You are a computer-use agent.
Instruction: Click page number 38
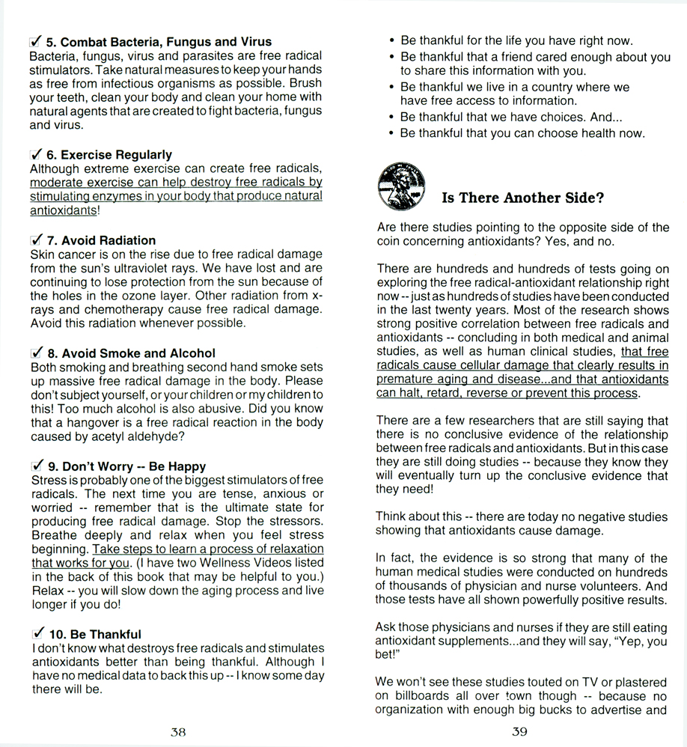pos(177,732)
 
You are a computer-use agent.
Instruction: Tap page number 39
pos(519,732)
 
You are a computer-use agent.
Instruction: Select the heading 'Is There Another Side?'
pos(522,198)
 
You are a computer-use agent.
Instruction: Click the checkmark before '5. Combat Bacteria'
pos(34,41)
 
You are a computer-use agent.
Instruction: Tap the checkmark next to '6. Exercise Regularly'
pos(34,154)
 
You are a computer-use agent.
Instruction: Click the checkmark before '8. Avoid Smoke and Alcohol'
pos(34,353)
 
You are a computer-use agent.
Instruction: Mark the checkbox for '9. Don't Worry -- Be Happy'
pos(34,466)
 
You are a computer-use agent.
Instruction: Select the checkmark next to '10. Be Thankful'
pos(34,633)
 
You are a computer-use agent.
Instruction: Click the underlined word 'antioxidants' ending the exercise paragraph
pos(63,211)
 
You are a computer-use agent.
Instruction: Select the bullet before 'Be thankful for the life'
pos(392,41)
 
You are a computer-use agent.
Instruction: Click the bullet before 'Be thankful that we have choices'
pos(392,118)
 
